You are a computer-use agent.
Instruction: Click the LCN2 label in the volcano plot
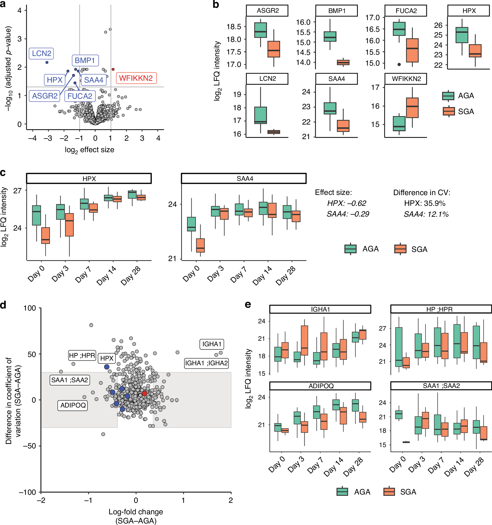click(41, 54)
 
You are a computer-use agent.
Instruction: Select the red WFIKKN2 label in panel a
click(136, 78)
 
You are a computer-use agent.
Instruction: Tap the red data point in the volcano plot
click(113, 69)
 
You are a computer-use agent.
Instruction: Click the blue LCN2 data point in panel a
click(47, 62)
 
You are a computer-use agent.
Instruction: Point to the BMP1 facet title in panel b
click(337, 11)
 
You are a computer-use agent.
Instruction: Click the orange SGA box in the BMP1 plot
click(343, 63)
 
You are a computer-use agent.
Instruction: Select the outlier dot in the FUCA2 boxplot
click(399, 64)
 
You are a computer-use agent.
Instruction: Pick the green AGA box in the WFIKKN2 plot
click(399, 123)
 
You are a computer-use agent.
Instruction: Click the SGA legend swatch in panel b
click(449, 112)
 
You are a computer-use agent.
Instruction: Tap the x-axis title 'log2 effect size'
click(90, 150)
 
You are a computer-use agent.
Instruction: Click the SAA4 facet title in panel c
click(245, 179)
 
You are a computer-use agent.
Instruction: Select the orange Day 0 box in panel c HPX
click(46, 236)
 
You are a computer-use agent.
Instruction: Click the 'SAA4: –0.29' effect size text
click(348, 214)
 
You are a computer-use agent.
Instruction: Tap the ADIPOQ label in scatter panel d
click(73, 405)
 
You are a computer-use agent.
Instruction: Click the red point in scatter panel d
click(144, 393)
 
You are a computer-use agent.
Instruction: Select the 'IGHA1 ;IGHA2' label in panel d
click(206, 363)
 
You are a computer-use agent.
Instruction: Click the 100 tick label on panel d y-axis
click(30, 308)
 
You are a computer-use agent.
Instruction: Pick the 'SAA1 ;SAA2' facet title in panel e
click(441, 386)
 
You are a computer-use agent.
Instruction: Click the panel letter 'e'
click(248, 305)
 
